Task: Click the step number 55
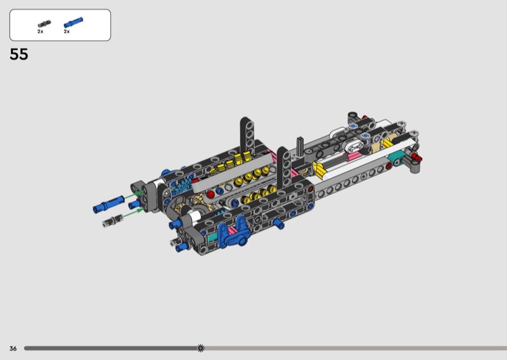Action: point(19,55)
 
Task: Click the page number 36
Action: point(13,349)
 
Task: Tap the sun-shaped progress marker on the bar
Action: point(200,348)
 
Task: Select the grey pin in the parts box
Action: point(44,24)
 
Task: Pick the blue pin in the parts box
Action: point(73,22)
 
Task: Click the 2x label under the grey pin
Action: point(40,32)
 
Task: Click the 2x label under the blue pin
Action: point(67,32)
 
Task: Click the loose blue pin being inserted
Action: point(108,204)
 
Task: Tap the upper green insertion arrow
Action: point(134,195)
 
